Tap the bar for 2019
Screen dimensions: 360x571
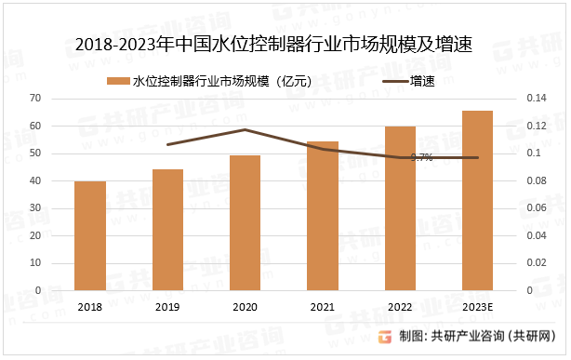(167, 230)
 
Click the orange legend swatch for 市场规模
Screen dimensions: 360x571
(119, 81)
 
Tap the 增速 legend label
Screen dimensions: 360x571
(422, 81)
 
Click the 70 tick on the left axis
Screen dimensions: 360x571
(35, 98)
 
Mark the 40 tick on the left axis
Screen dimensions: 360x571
(35, 180)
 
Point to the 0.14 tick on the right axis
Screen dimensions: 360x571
(538, 98)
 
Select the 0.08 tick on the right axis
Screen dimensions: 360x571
(538, 180)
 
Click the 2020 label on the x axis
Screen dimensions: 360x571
(245, 307)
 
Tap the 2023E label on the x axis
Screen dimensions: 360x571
(477, 307)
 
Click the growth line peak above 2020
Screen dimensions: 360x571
(245, 129)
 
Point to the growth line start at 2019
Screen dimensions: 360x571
(167, 144)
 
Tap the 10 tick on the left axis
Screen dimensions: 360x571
(35, 263)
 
